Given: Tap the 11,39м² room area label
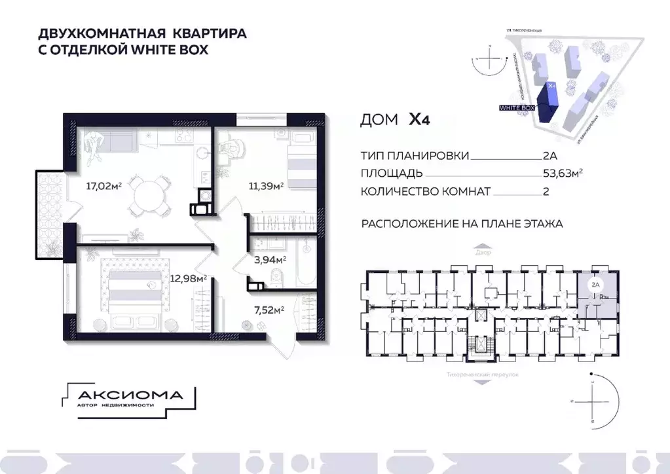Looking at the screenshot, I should [x=265, y=186].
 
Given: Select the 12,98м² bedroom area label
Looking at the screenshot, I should [x=189, y=278].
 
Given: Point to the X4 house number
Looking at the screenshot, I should [x=420, y=120].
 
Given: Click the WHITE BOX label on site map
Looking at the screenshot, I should [x=517, y=106].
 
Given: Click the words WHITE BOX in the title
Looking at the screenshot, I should [x=172, y=49].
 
